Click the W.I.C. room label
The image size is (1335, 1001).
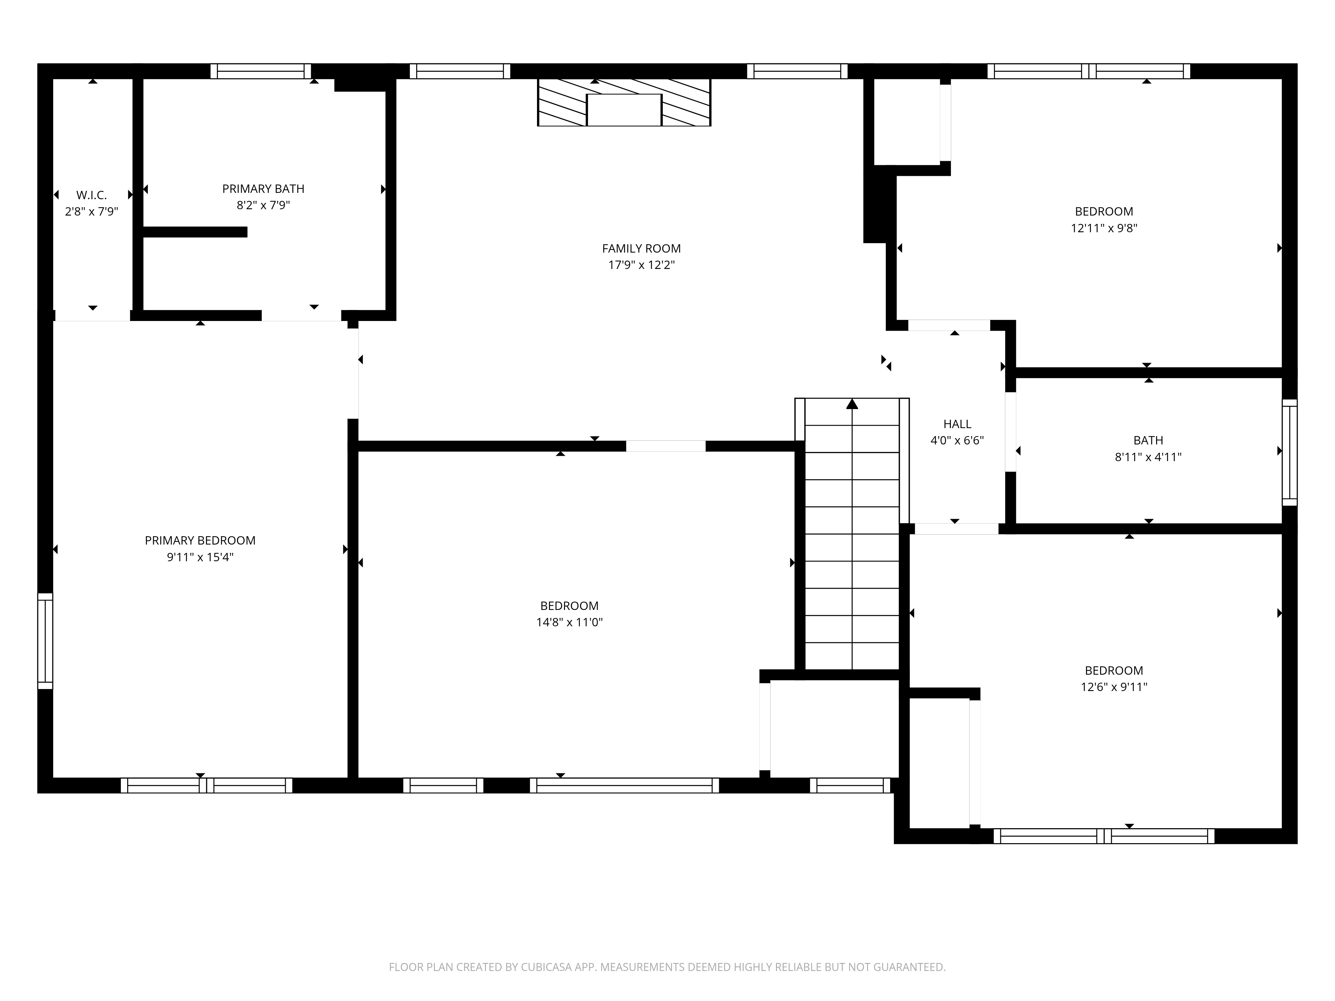pyautogui.click(x=92, y=195)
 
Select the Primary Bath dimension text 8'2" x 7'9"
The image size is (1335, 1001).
pyautogui.click(x=263, y=205)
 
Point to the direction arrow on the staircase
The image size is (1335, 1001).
pyautogui.click(x=852, y=404)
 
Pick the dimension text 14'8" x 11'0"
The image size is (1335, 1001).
pyautogui.click(x=569, y=622)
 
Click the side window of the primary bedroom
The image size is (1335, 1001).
pyautogui.click(x=45, y=641)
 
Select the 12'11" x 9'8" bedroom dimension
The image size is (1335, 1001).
pyautogui.click(x=1104, y=228)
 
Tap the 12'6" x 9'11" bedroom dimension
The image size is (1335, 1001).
pyautogui.click(x=1113, y=687)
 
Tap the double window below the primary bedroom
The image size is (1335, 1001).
pyautogui.click(x=206, y=785)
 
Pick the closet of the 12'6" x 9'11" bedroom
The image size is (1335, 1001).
pyautogui.click(x=939, y=763)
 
